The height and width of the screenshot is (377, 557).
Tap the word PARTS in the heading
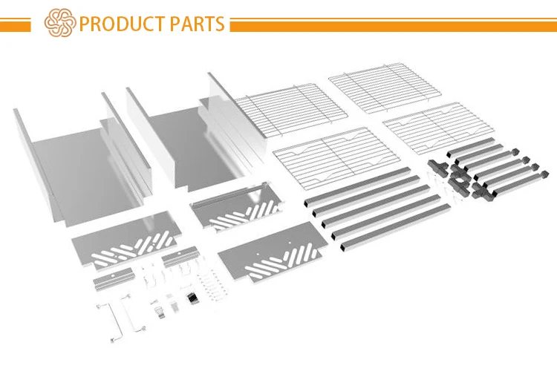click(197, 24)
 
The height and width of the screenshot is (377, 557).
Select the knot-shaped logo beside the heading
click(60, 23)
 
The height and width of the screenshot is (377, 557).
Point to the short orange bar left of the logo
click(16, 24)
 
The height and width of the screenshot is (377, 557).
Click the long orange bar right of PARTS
click(393, 24)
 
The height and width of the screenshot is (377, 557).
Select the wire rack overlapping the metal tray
click(290, 110)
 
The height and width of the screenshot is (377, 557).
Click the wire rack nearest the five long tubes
click(336, 157)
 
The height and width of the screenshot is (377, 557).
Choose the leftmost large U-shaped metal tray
click(82, 160)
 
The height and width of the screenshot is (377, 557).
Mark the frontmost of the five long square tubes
click(395, 228)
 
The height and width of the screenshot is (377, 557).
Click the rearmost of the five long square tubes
click(357, 186)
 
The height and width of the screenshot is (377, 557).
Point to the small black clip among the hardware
click(192, 298)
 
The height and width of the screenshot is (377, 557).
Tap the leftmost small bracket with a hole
click(114, 278)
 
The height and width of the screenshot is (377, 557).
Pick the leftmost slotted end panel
click(126, 240)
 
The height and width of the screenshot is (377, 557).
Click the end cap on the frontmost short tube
click(544, 175)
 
